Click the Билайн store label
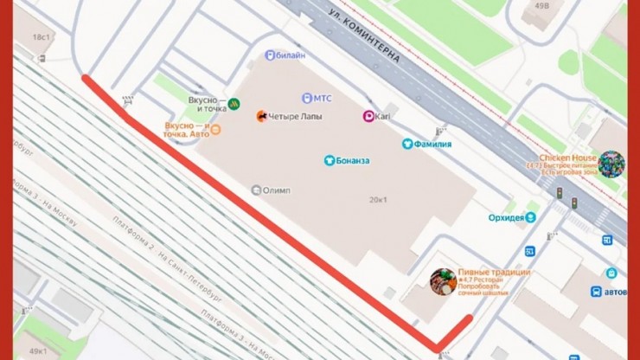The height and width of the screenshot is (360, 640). pyautogui.click(x=291, y=55)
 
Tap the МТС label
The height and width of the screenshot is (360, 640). pyautogui.click(x=322, y=98)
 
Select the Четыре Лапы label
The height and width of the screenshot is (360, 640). pyautogui.click(x=294, y=115)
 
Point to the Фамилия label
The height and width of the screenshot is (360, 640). pyautogui.click(x=432, y=144)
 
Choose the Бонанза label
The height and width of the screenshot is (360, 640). pyautogui.click(x=352, y=160)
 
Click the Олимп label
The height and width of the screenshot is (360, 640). pyautogui.click(x=277, y=190)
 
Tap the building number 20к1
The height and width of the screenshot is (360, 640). pyautogui.click(x=378, y=200)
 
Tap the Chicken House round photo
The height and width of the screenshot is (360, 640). pyautogui.click(x=611, y=164)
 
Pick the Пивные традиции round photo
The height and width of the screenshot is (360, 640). pyautogui.click(x=444, y=281)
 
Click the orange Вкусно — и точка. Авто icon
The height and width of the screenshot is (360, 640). pyautogui.click(x=216, y=130)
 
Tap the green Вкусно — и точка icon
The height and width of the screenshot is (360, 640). pyautogui.click(x=233, y=100)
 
